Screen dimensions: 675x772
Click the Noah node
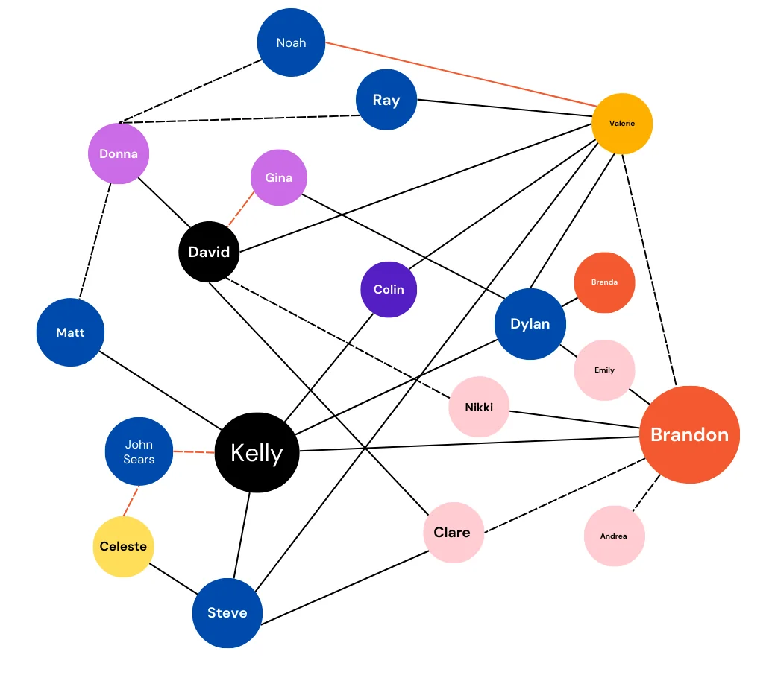[291, 42]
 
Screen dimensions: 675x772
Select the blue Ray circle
[386, 100]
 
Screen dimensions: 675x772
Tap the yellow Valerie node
[621, 124]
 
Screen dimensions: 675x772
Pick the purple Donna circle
[119, 153]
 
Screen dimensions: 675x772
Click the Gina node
[278, 177]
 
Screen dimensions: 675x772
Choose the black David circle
[209, 252]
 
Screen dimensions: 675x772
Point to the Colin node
[389, 289]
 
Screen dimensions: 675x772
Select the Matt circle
[70, 332]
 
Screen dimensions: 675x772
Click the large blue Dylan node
[530, 323]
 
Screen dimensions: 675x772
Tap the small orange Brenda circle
[604, 282]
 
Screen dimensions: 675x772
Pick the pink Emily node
[604, 370]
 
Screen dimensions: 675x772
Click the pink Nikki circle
[478, 407]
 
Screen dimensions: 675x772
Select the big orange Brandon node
[688, 434]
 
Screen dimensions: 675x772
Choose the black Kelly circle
[257, 453]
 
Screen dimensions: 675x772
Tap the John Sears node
[139, 451]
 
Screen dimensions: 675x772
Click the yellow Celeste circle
[123, 546]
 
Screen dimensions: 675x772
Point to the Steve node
[227, 612]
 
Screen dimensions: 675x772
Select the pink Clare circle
[452, 532]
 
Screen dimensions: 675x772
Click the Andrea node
[613, 536]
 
